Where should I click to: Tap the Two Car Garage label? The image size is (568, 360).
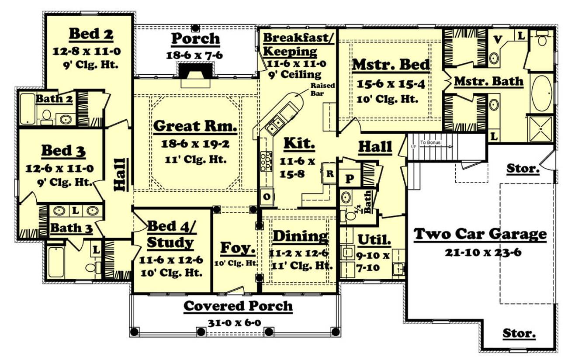480,235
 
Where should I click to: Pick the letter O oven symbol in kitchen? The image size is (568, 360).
266,196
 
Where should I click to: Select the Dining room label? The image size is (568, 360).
300,236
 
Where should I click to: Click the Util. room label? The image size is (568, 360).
374,239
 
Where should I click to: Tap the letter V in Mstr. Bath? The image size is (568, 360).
497,39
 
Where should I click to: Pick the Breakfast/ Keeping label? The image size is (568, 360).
298,44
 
